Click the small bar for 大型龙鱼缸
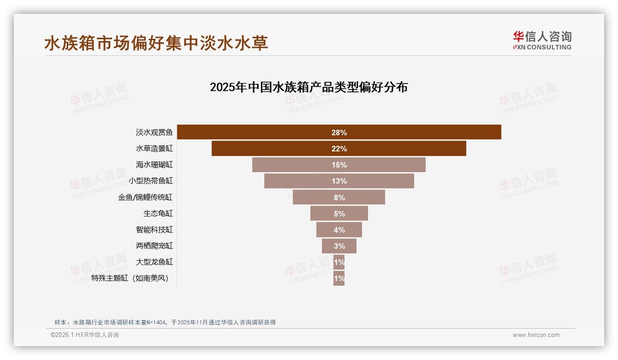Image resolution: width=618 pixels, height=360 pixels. [x=339, y=262]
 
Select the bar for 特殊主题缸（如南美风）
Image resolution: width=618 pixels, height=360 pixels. [x=339, y=278]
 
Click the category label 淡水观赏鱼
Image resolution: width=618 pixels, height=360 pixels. [x=154, y=132]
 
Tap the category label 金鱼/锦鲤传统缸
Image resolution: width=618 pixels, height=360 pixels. [x=145, y=197]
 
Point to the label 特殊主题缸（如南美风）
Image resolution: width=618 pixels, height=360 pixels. [x=130, y=278]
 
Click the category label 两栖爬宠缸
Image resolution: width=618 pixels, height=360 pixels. [x=154, y=246]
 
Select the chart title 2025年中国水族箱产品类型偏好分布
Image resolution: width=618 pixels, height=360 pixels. [x=309, y=87]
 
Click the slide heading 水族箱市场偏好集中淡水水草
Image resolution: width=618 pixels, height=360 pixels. [x=156, y=43]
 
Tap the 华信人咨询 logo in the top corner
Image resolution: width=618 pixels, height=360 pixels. [x=542, y=41]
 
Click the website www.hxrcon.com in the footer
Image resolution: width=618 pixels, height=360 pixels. [x=536, y=335]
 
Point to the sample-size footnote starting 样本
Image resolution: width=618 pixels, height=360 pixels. [x=165, y=322]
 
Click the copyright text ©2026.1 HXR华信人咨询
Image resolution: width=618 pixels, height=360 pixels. [x=85, y=335]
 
